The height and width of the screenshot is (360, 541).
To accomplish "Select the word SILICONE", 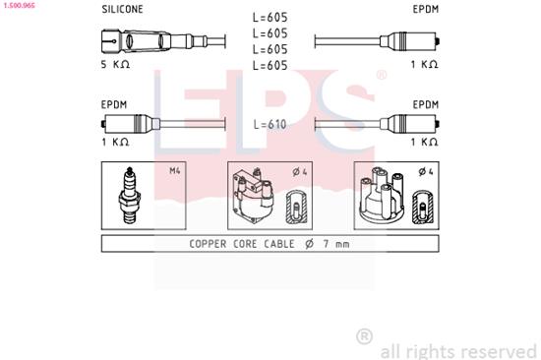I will tap(121, 9).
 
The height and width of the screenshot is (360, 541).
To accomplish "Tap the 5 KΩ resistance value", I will tap(115, 64).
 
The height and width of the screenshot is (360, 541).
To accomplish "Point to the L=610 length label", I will tap(270, 124).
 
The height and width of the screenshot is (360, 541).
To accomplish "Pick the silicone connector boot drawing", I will tap(138, 41).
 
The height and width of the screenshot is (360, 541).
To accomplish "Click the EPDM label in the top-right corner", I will tap(425, 9).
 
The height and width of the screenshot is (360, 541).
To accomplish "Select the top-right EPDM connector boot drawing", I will tap(413, 41).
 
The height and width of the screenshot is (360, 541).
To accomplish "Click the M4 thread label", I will tap(175, 171).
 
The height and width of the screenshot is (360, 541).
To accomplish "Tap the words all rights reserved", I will tap(457, 349).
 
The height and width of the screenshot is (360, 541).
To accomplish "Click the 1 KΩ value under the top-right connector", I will tap(425, 64).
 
